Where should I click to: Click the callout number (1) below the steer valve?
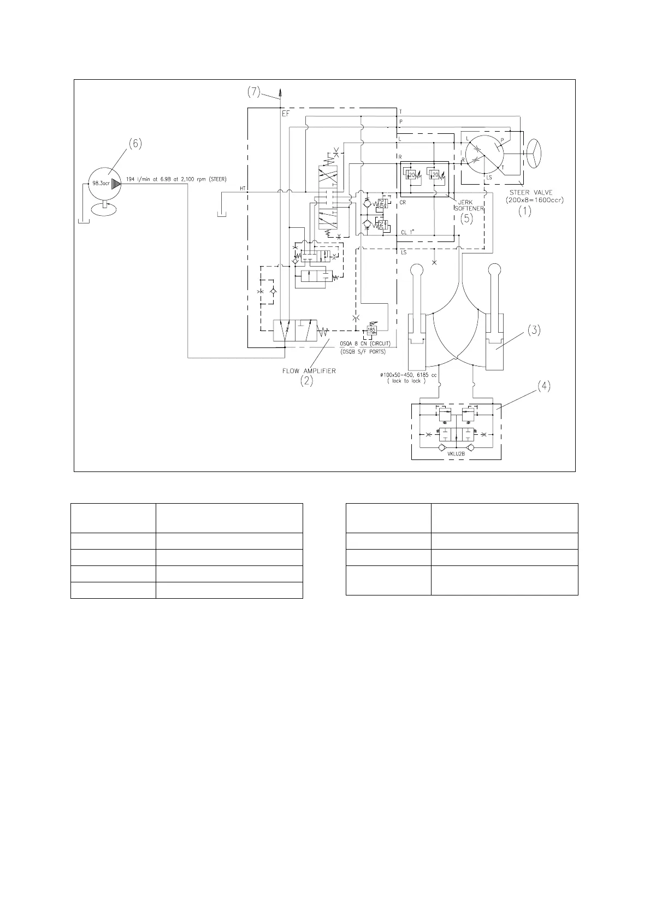pos(525,211)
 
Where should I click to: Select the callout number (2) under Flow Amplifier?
pos(307,382)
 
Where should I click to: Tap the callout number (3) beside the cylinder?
pos(534,329)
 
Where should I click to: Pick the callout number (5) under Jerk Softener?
pos(466,219)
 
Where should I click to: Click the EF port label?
pos(286,114)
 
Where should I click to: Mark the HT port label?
pos(243,188)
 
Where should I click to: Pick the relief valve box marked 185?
pos(372,330)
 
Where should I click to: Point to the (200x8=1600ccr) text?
pos(534,199)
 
